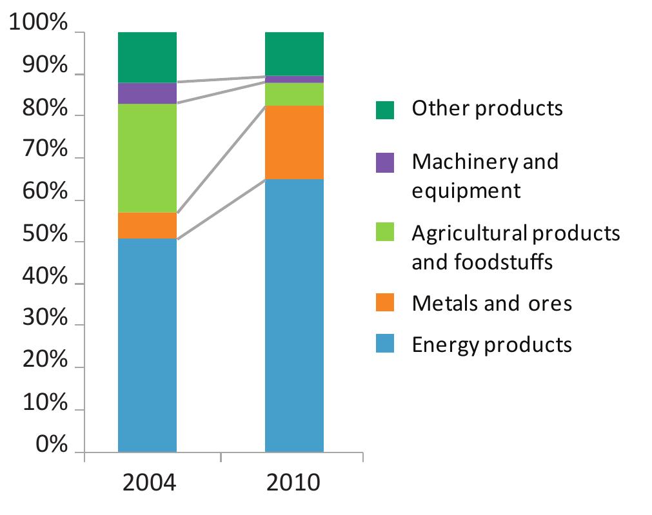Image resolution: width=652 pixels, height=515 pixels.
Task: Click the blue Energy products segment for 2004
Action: (147, 345)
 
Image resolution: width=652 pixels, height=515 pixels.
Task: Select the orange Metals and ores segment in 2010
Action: (294, 142)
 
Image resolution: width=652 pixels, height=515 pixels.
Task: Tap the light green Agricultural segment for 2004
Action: (147, 158)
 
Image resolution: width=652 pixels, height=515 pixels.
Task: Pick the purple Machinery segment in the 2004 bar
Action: (147, 93)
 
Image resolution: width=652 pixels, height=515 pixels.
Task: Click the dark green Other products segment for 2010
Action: (294, 53)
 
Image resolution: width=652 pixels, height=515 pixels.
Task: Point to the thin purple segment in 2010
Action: (294, 79)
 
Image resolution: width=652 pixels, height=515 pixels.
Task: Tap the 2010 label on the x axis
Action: (294, 482)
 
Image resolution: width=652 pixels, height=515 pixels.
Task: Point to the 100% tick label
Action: (38, 24)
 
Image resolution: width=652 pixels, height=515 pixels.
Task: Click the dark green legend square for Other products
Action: (384, 110)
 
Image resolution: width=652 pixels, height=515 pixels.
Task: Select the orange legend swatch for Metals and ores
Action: (384, 303)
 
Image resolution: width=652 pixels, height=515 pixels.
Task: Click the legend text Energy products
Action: (491, 344)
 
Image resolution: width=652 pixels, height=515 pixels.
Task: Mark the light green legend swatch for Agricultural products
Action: (384, 234)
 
